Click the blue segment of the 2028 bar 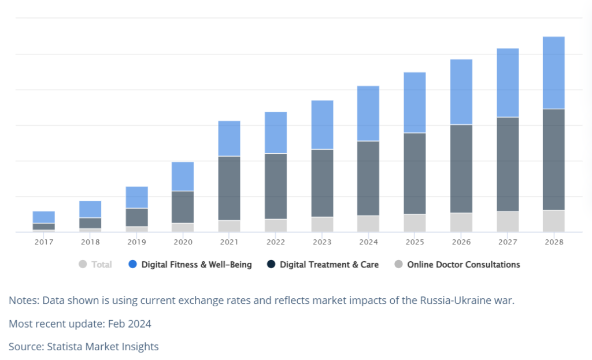coord(553,73)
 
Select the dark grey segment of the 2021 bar coord(229,188)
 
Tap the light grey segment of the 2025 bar coord(415,223)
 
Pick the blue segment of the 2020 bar coord(183,177)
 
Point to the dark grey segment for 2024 coord(368,179)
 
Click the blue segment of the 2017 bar coord(44,217)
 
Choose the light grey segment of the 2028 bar coord(553,221)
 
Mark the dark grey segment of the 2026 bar coord(461,169)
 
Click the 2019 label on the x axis coord(136,242)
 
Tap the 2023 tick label coord(322,242)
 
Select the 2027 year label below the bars coord(508,242)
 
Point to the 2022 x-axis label coord(276,242)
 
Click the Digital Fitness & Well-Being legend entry coord(190,265)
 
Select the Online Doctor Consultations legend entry coord(457,265)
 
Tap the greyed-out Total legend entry coord(95,265)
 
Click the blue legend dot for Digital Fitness coord(132,264)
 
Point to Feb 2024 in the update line coord(129,324)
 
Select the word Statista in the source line coord(65,346)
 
